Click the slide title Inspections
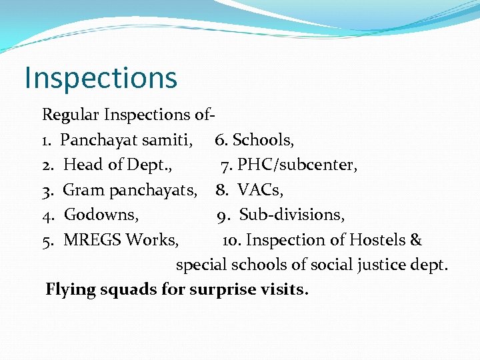(101, 78)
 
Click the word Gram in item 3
(84, 190)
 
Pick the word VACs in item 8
(260, 190)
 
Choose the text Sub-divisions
(292, 215)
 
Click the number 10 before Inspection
(230, 240)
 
